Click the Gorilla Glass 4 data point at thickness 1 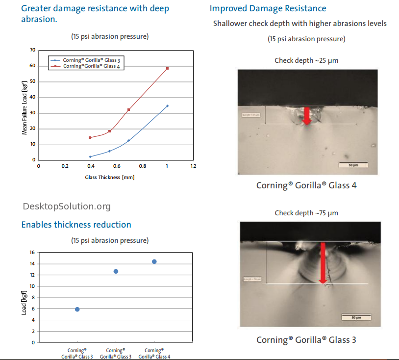pos(167,68)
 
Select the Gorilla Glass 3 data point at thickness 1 pos(167,105)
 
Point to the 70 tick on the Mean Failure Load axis pos(32,50)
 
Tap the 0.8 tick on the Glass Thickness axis pos(142,166)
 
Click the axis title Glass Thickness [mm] pos(110,177)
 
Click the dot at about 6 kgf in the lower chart pos(77,309)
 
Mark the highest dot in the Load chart pos(154,261)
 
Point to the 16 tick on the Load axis pos(32,253)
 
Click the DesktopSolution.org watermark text pos(67,206)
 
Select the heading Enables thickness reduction pos(76,225)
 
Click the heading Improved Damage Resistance pos(268,8)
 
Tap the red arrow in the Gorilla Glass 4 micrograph pos(307,115)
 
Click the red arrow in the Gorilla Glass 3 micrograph pos(323,262)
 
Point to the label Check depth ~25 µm pos(306,61)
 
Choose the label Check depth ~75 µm pos(306,213)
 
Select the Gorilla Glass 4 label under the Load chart pos(154,354)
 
